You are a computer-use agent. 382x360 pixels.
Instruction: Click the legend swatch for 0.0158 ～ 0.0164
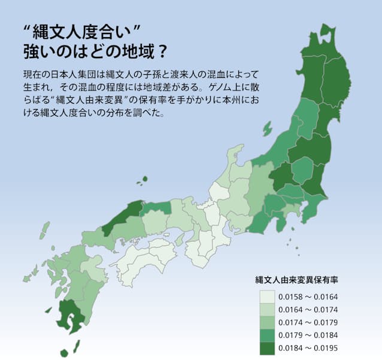[x=268, y=296]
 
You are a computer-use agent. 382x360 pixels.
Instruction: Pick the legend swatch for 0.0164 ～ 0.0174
[x=268, y=309]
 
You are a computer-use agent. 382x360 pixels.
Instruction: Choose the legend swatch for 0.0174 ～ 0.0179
[x=268, y=322]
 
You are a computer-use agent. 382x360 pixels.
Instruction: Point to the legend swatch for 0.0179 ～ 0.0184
[x=268, y=335]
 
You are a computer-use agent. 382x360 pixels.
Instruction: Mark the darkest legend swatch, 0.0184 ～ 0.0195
[x=268, y=349]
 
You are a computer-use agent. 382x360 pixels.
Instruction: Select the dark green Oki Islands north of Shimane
[x=142, y=180]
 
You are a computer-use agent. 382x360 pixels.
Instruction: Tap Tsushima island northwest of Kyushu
[x=45, y=230]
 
